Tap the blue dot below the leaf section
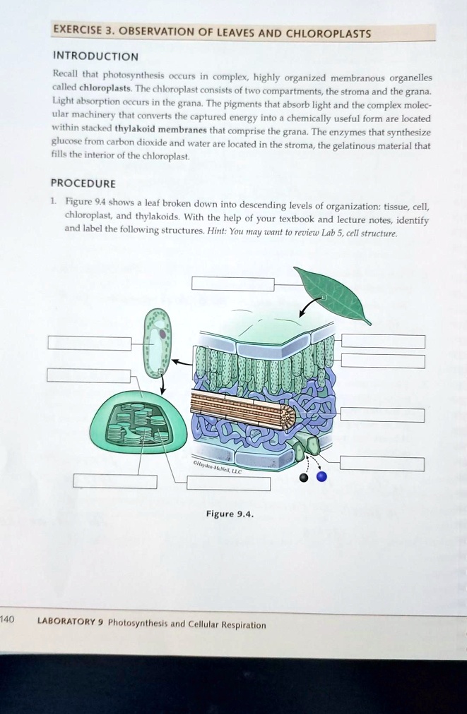click(322, 477)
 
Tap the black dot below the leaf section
click(304, 478)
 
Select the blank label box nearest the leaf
click(232, 284)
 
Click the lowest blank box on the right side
click(382, 464)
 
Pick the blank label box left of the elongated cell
click(90, 344)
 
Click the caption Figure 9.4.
click(229, 514)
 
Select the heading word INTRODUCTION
click(96, 56)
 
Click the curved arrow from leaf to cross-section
click(308, 306)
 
